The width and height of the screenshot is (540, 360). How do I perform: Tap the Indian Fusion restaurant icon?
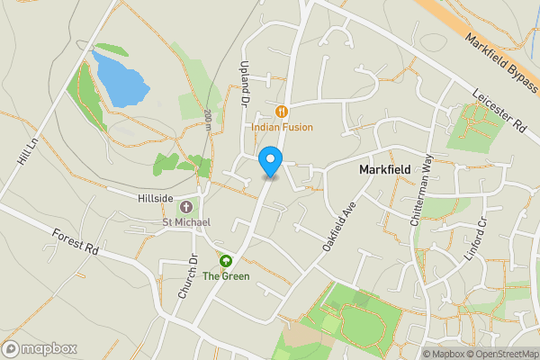coord(281,112)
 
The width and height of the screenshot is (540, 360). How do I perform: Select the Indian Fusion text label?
coord(282,128)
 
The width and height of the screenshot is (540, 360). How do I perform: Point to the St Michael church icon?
coord(186,207)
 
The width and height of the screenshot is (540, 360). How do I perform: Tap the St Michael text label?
coord(186,222)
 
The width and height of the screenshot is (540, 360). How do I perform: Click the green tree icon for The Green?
coord(225,261)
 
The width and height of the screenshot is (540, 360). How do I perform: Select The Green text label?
coord(226,276)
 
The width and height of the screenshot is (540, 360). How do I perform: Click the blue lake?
coord(121,79)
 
